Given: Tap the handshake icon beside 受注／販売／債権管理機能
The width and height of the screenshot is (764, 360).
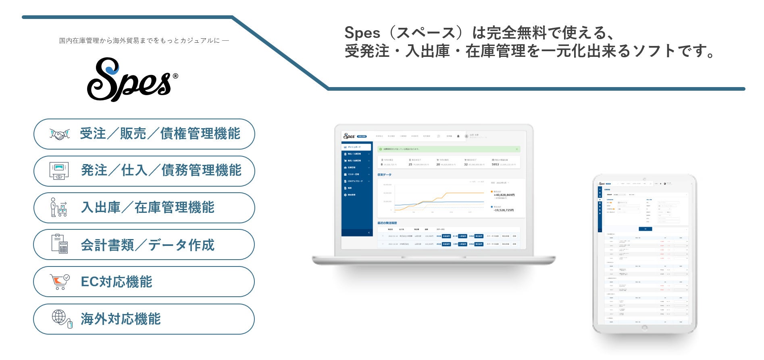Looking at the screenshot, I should (59, 134).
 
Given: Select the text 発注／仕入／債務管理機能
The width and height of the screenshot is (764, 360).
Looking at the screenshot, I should (161, 171).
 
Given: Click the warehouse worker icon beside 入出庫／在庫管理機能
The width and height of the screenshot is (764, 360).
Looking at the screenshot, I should (58, 208).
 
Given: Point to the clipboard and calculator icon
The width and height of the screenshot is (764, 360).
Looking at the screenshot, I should (59, 244).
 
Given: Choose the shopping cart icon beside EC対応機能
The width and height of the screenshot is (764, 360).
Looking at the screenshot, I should (59, 281).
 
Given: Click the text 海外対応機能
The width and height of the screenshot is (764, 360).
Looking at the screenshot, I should (121, 319).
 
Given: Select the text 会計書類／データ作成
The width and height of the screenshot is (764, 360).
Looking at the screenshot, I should (148, 245).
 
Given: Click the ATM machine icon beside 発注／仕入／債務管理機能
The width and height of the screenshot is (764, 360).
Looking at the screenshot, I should (59, 171).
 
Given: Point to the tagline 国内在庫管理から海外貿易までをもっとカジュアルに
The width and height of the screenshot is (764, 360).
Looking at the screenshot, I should (144, 41).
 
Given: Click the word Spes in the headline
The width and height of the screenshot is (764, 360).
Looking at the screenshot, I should (362, 33).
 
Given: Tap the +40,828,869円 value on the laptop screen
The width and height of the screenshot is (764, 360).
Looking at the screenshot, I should (504, 195).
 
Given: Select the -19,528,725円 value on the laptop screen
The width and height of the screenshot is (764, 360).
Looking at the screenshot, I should (504, 210).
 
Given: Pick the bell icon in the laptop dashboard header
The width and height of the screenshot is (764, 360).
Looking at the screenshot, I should (458, 136).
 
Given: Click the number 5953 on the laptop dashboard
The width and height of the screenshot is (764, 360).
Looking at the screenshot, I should (495, 164).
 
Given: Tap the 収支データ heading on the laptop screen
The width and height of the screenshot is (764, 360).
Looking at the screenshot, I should (384, 175).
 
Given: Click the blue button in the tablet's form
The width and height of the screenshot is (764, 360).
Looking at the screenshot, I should (645, 229).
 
